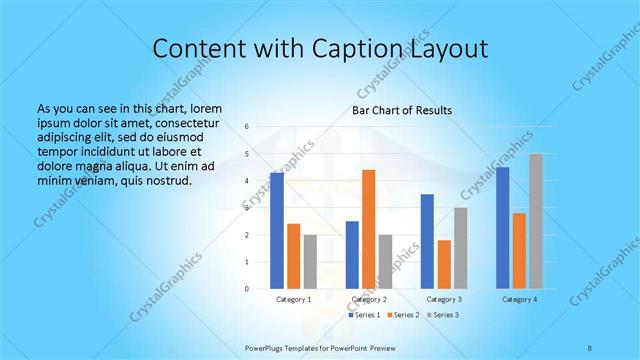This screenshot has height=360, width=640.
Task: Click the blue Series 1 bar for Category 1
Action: (x=277, y=231)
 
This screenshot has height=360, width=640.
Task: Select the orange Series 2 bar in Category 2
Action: (x=369, y=229)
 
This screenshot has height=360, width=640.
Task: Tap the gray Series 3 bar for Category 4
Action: (x=536, y=221)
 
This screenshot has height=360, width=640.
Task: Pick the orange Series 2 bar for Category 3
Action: (x=444, y=264)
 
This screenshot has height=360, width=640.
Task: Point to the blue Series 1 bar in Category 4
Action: (x=502, y=228)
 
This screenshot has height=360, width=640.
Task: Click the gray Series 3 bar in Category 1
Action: (x=310, y=262)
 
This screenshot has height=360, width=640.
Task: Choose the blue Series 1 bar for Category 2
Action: (x=352, y=255)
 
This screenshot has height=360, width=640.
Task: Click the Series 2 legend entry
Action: (x=403, y=314)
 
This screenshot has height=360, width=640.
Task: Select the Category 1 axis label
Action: (x=294, y=299)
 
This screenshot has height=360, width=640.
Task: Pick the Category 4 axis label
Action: (x=519, y=299)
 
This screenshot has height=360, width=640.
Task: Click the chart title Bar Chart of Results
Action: (x=402, y=110)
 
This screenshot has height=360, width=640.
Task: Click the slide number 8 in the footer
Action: (x=589, y=347)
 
